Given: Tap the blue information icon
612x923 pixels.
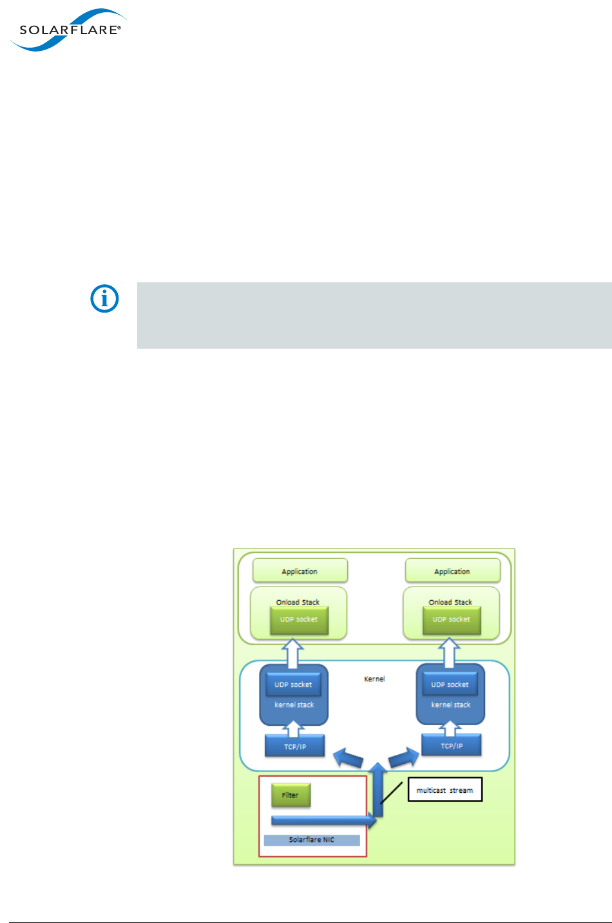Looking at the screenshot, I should (x=104, y=299).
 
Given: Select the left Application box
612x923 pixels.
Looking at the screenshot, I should (x=300, y=571).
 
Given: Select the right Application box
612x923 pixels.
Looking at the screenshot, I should (x=452, y=571).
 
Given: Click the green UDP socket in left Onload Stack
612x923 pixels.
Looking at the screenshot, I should (x=299, y=619).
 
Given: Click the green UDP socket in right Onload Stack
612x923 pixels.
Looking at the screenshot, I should (x=452, y=619).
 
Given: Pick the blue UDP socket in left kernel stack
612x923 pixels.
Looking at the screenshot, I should (x=293, y=685).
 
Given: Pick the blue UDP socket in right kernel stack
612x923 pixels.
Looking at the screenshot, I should (x=450, y=685).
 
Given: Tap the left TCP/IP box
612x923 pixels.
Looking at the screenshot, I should (x=295, y=746).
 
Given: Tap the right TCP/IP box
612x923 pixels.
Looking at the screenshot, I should (x=452, y=746).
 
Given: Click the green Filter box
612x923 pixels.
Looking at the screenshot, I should (x=291, y=795).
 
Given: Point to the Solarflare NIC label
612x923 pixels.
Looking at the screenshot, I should (x=312, y=840).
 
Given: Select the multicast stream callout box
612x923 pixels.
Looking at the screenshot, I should (x=445, y=790).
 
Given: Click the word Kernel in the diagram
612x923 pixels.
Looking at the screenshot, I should (x=374, y=679).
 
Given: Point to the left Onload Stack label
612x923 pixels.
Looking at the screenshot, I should (x=298, y=602).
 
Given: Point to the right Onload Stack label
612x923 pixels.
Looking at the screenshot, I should (x=450, y=602).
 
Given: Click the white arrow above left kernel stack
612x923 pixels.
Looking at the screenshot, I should (x=293, y=654).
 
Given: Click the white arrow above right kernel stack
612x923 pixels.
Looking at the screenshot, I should (x=449, y=654).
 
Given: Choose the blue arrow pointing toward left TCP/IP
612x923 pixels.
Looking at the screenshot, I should (x=348, y=757).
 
